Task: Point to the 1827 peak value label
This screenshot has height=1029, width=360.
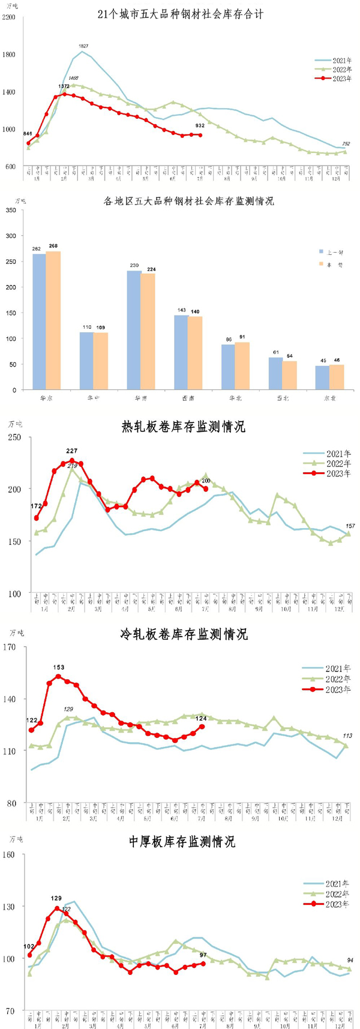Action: pos(84,46)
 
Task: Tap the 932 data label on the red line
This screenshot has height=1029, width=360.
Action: pos(200,125)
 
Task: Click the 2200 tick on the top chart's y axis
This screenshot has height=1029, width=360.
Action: pos(9,17)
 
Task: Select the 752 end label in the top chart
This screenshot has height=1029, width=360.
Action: pos(346,144)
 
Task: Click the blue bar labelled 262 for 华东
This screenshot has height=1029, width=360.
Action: pos(39,321)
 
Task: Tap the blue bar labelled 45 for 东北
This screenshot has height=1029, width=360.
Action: pos(322,377)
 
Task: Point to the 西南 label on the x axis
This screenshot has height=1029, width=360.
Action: pos(188,398)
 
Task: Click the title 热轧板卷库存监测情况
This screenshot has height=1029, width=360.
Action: pos(184,427)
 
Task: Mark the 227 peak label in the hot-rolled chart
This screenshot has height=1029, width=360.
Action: pos(73,451)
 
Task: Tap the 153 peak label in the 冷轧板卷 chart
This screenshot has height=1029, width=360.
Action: pos(59,667)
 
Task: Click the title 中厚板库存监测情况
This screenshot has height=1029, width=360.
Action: pos(182,841)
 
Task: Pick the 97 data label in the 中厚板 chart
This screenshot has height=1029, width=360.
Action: pos(203,955)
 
